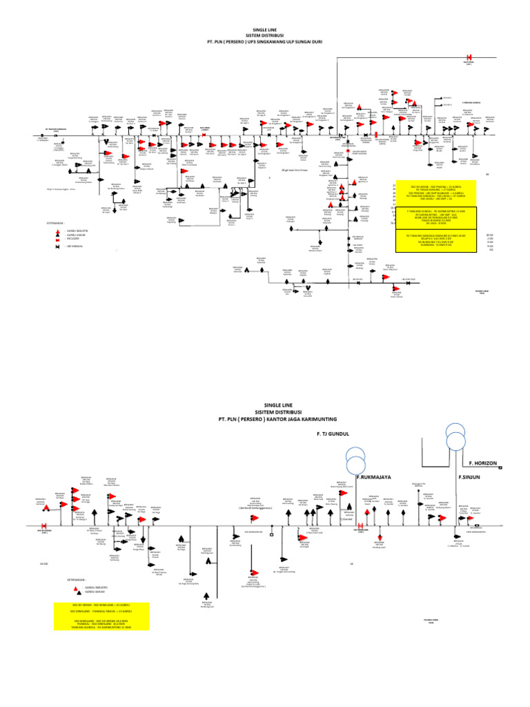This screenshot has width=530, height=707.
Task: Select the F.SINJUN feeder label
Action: click(x=469, y=476)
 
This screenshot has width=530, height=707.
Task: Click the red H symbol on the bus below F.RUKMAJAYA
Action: click(x=360, y=527)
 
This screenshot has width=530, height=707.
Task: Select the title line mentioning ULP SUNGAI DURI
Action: click(x=264, y=42)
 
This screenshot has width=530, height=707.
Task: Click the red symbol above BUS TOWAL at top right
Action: click(x=469, y=57)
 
